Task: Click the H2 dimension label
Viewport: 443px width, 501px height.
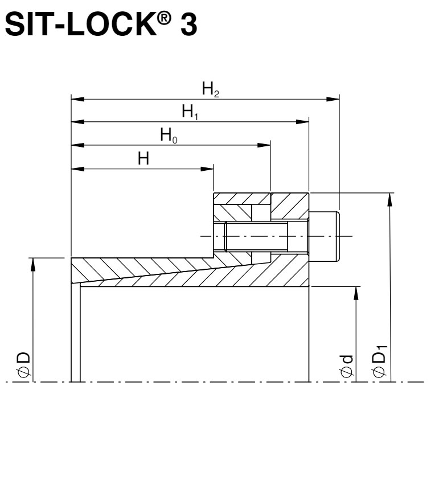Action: coord(210,89)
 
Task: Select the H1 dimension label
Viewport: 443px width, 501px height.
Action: coord(190,112)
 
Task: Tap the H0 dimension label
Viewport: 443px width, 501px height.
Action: coord(169,135)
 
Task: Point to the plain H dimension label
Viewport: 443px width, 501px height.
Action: coord(143,158)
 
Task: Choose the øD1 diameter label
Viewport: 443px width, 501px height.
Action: coord(379,362)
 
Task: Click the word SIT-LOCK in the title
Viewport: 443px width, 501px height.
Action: coord(81,24)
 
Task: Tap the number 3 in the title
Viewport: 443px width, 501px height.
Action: coord(188,25)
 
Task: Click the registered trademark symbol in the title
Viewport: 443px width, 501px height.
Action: coord(165,19)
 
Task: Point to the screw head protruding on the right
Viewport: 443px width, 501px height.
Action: coord(324,236)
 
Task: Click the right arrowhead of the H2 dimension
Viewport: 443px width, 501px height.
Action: coord(333,99)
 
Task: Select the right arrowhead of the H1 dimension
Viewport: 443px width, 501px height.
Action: coord(302,122)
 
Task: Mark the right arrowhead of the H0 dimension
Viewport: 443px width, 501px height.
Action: coord(264,145)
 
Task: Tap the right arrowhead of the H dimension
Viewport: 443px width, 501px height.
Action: coord(207,169)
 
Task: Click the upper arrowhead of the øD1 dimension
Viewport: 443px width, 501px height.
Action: coord(389,199)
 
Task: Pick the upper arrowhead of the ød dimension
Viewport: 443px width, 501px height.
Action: coord(356,293)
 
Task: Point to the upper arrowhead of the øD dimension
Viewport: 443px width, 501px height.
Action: coord(32,264)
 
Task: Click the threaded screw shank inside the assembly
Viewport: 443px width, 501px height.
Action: coord(257,236)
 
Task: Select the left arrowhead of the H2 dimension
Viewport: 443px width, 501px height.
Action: coord(77,99)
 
